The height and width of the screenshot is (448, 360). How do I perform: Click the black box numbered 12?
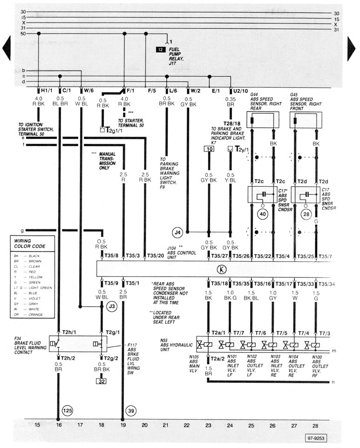coord(161,49)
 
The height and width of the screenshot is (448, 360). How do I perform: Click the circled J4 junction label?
coord(177,231)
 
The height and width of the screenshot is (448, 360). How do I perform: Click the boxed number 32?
coord(102,380)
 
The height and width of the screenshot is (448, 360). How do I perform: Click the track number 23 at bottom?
coord(208,425)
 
